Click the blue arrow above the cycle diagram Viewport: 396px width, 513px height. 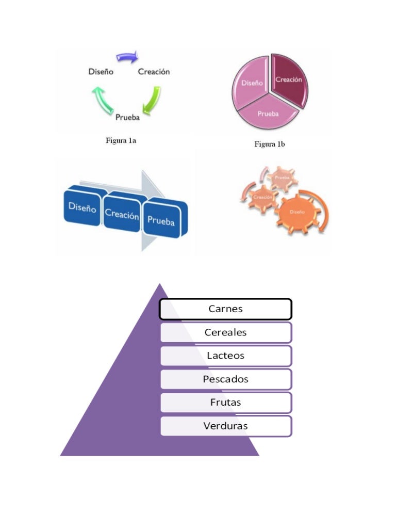[127, 56]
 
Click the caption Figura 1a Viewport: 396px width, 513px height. [121, 140]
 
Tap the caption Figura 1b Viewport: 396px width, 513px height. [269, 145]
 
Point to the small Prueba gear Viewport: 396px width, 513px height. [282, 179]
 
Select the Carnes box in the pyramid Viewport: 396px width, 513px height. [225, 309]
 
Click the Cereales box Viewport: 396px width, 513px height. [225, 332]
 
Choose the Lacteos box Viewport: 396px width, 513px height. [225, 356]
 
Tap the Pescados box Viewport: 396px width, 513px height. [225, 379]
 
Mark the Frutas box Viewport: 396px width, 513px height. [225, 402]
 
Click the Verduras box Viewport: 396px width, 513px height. [225, 426]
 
